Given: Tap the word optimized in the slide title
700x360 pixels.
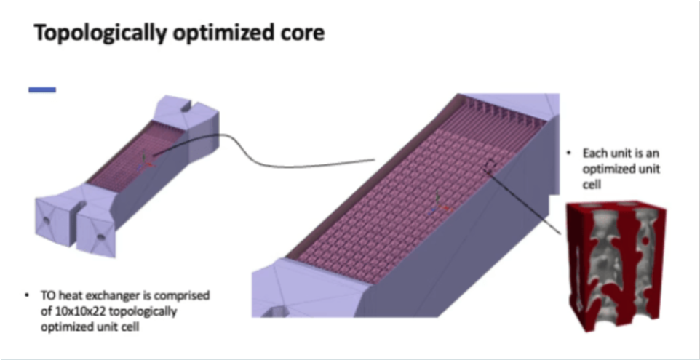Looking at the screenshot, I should (x=223, y=34).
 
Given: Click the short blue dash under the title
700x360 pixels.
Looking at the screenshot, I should (x=42, y=89).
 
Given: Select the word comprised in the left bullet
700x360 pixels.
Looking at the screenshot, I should (x=183, y=296).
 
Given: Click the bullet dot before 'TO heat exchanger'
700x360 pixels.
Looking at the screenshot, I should (x=27, y=296).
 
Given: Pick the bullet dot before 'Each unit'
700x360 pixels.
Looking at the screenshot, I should (x=568, y=154).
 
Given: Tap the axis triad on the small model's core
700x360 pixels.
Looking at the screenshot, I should (x=146, y=157).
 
